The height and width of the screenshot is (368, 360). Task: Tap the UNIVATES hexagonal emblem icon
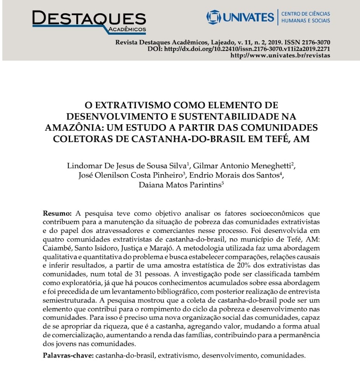point(213,17)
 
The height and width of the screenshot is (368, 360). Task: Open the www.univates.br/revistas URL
point(280,55)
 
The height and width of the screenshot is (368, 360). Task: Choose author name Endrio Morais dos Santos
point(235,175)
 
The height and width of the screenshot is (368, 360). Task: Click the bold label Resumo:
point(57,214)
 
